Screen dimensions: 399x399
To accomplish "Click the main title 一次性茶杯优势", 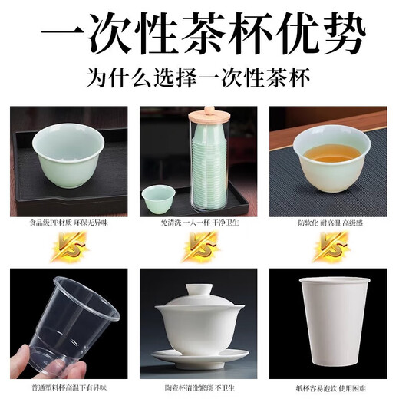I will (x=199, y=35).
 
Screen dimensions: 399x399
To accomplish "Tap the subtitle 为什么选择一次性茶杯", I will (x=199, y=79).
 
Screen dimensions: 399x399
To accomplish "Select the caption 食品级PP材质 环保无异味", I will (x=68, y=223).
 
